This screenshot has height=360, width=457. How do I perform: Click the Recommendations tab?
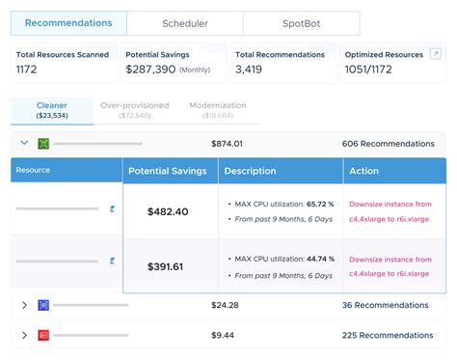coord(67,23)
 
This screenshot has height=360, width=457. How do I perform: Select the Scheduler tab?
coord(184,23)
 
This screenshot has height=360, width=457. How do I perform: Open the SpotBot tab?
coord(301,23)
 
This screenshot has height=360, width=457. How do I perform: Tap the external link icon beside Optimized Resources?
coord(436,54)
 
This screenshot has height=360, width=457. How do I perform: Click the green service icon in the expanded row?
coord(43,144)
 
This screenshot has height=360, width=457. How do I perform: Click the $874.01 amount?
coord(228,144)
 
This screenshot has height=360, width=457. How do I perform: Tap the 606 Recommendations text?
coord(388,144)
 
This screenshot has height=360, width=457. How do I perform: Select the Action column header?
coord(364,171)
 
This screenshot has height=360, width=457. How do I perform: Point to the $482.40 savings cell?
coord(168,211)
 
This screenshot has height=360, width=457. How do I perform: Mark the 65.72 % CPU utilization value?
coord(320,205)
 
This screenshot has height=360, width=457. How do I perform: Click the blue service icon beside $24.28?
coord(43,305)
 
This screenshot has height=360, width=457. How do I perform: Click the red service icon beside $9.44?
coord(43,335)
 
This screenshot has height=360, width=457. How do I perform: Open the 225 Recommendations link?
coord(388,335)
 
